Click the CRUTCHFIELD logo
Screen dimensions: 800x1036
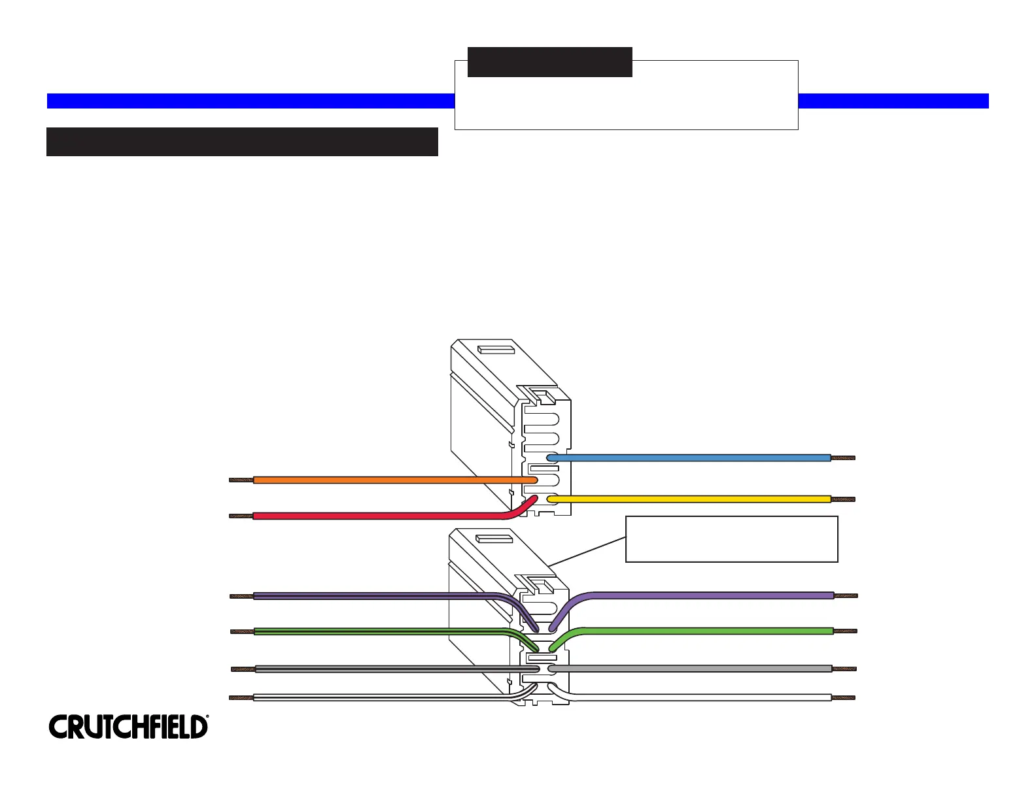coord(128,727)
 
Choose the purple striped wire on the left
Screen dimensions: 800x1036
coord(373,595)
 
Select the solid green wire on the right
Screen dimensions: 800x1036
coord(706,631)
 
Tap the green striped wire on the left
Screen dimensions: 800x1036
coord(373,631)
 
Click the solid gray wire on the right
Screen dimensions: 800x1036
coord(693,669)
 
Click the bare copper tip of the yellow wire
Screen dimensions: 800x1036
coord(843,499)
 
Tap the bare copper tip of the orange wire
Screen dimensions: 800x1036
coord(241,480)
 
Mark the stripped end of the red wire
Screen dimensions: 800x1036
coord(241,516)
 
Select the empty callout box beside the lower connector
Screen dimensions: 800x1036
coord(731,539)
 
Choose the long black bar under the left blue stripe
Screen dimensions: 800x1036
coord(242,141)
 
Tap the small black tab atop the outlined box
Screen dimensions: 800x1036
coord(549,61)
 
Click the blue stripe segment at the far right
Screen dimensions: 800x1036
coord(893,101)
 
